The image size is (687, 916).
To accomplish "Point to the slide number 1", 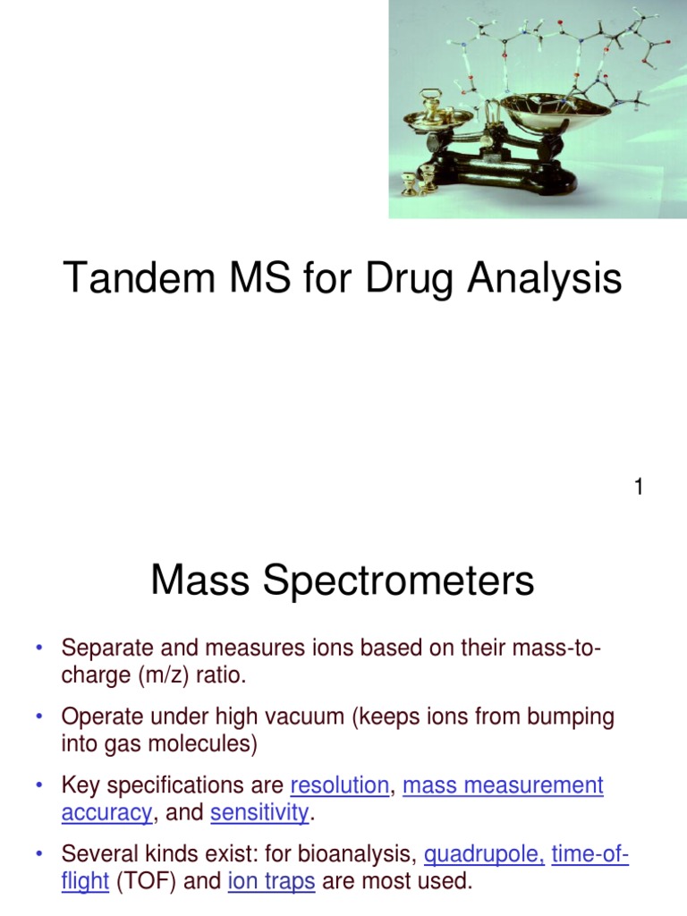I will pos(639,488).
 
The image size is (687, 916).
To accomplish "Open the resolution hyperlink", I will pos(340,786).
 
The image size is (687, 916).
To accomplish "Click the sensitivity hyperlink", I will pos(259,813).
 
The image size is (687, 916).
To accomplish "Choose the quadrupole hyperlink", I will pos(484,856).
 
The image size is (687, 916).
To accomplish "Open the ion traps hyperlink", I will pos(271,882).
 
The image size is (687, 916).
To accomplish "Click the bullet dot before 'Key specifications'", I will pos(39,786).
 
